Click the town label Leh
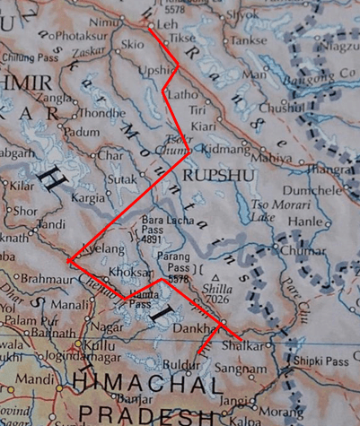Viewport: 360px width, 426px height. point(168,25)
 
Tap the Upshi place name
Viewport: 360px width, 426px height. point(154,68)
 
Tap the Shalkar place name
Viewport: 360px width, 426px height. point(261,345)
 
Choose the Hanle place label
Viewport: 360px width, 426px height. point(306,221)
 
